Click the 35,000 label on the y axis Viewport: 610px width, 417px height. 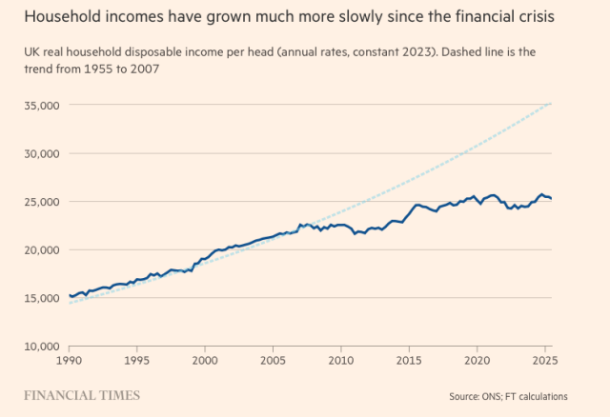pos(42,105)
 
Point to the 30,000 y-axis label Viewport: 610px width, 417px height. pos(42,153)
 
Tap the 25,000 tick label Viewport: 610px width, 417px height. pos(42,202)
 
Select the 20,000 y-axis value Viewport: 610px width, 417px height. pos(42,249)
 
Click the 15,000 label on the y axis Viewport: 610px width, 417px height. pos(42,298)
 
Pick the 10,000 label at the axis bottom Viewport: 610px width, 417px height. pos(42,347)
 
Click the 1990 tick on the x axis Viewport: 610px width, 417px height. pos(70,362)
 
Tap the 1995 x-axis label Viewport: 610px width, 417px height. pos(137,362)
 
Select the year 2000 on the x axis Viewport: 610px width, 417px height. pos(205,362)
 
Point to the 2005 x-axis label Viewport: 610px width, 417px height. pos(274,362)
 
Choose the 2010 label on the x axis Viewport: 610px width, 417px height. pos(341,362)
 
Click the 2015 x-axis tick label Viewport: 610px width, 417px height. pos(409,362)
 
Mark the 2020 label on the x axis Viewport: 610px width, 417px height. pos(477,362)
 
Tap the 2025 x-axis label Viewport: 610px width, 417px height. pos(544,362)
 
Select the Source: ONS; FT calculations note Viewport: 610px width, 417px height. pos(508,396)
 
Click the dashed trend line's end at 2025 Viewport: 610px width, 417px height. pos(551,103)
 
